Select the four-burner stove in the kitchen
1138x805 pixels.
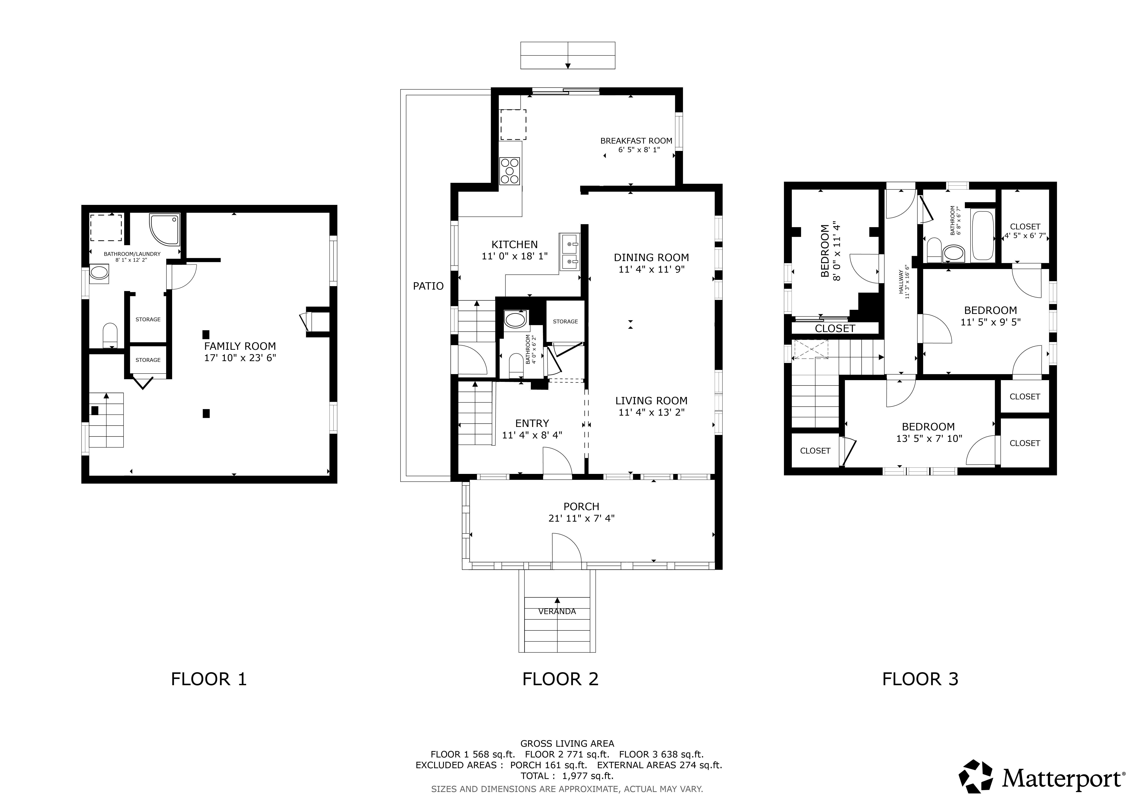(509, 171)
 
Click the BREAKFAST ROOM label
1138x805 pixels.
(636, 141)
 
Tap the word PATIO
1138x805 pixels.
(428, 286)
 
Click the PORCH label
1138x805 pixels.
(581, 507)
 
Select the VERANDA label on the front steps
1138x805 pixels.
(557, 612)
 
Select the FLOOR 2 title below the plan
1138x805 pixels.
(561, 679)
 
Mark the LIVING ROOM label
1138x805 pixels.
(651, 401)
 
